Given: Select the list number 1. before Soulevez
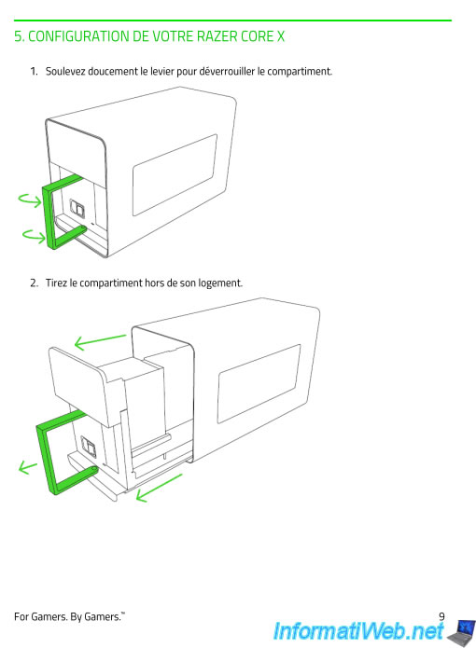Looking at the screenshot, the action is [x=34, y=72].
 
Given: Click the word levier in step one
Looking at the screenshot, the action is [x=161, y=72].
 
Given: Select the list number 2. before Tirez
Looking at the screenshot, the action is [x=34, y=283].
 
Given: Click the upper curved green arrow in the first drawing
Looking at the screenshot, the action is [x=30, y=200].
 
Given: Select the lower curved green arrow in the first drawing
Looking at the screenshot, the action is [x=34, y=236].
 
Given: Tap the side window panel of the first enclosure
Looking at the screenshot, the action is [x=175, y=174].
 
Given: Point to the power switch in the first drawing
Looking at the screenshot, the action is [x=77, y=208].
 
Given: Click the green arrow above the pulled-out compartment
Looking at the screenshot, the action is [x=100, y=341].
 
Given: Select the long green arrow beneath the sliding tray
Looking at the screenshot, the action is [x=159, y=488].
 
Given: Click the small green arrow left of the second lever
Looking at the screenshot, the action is [x=27, y=467].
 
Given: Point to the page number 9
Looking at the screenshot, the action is [x=441, y=616].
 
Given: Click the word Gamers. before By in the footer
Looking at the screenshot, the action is [x=49, y=617].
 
